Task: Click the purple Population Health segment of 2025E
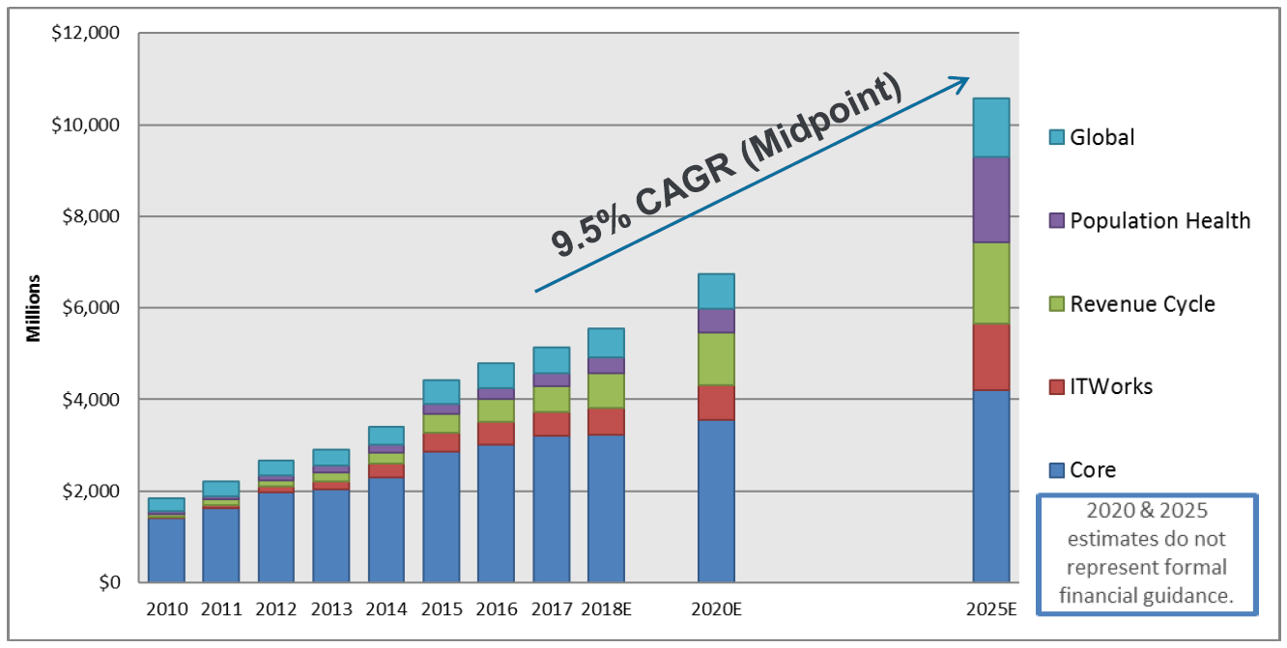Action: click(x=990, y=199)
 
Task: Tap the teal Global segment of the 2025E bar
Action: click(x=990, y=127)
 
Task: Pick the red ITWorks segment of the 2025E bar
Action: click(x=990, y=357)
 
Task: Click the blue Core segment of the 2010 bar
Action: click(x=165, y=550)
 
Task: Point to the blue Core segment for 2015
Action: click(x=441, y=517)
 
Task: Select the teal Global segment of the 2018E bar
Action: click(x=606, y=343)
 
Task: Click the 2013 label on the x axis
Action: click(x=330, y=609)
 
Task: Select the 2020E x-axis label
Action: click(x=716, y=609)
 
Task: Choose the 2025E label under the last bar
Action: click(x=990, y=609)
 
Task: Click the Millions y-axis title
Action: click(x=34, y=308)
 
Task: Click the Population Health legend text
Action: click(x=1160, y=221)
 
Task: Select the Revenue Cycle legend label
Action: click(x=1142, y=304)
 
